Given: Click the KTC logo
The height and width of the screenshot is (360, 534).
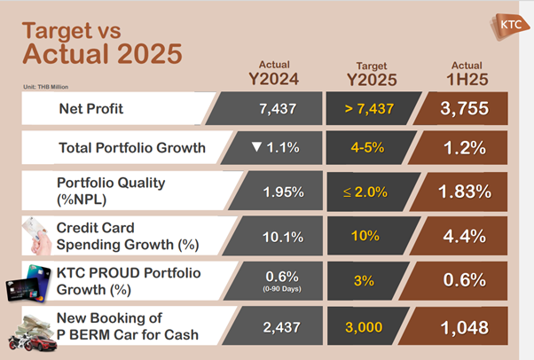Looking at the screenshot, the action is [x=510, y=27].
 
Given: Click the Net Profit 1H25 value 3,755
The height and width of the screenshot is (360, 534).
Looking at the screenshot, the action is [x=465, y=109].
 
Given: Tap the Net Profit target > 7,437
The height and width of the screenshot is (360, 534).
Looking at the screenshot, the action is [x=369, y=109].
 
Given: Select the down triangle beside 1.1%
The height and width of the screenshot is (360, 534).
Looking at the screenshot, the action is [x=256, y=147].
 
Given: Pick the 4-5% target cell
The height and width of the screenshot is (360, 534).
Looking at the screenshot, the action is [x=367, y=147].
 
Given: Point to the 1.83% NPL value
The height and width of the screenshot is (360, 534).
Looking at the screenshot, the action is [x=465, y=192].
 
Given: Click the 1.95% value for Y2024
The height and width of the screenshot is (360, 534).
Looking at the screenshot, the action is [x=283, y=192].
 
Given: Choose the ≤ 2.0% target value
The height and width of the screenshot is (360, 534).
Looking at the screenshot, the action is [x=365, y=192].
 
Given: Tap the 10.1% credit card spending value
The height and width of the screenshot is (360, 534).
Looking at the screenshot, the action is [x=283, y=237].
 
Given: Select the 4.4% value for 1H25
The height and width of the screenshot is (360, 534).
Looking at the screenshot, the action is [x=465, y=237].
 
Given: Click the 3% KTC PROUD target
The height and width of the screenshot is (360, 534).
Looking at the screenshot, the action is [x=364, y=281].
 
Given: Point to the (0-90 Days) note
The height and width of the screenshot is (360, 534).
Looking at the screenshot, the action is [x=282, y=289].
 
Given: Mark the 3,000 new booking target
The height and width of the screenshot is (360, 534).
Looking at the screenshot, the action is [x=364, y=327].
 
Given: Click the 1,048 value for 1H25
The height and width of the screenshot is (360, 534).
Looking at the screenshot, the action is [x=465, y=328].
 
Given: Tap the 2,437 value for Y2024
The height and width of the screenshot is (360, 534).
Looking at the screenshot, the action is [x=282, y=327].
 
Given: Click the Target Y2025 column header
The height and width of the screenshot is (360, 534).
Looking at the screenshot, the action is [x=372, y=74].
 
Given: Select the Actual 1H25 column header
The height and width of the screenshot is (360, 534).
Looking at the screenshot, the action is [x=467, y=74].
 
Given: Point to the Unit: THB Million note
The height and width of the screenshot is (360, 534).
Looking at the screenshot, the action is [x=45, y=87].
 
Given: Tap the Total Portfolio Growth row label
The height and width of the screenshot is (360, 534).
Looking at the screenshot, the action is [x=132, y=148].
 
